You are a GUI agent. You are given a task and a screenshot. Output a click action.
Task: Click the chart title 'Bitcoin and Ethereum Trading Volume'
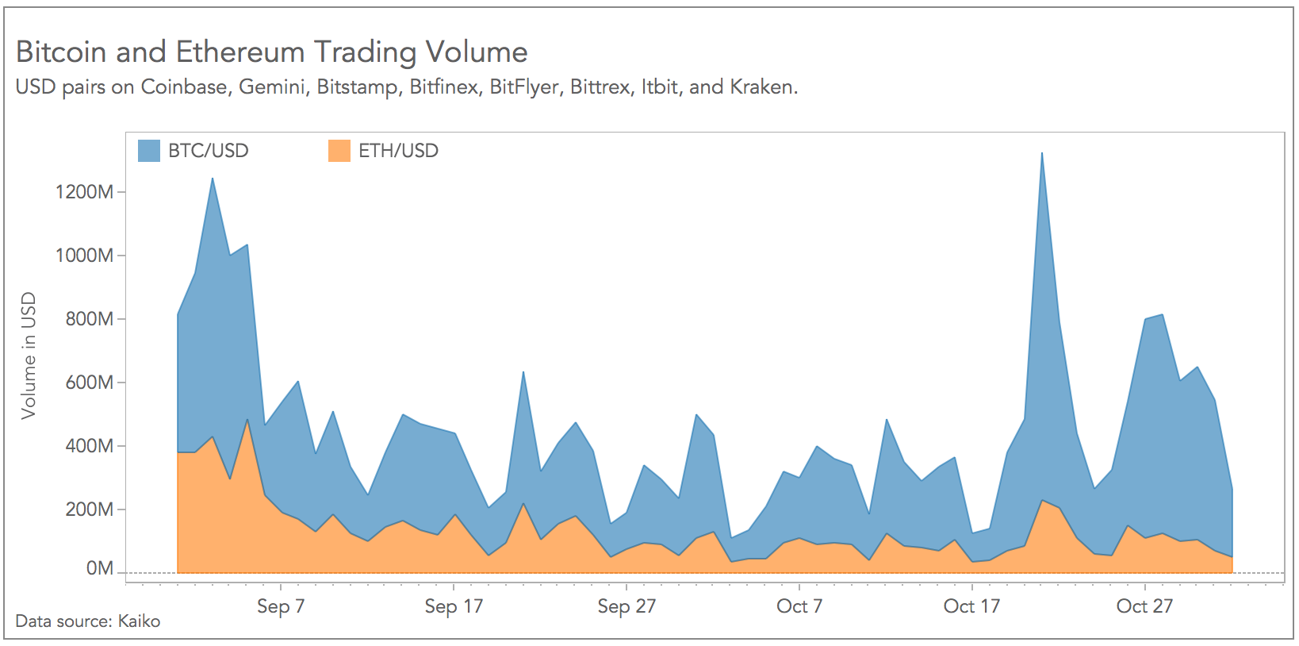[271, 52]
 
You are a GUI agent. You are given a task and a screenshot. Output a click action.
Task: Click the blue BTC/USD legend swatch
[148, 151]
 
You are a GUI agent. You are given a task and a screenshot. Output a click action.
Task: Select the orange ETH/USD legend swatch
[339, 151]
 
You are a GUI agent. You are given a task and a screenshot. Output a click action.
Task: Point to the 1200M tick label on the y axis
[84, 192]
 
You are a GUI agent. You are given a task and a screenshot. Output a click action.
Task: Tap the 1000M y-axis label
[84, 256]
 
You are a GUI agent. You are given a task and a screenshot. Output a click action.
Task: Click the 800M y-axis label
[89, 319]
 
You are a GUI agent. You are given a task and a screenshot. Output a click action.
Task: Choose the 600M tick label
[89, 383]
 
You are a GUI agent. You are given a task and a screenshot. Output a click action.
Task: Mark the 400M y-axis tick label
[89, 446]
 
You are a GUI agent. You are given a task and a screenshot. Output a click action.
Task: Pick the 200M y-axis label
[89, 509]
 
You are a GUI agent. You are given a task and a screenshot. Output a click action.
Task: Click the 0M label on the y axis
[99, 569]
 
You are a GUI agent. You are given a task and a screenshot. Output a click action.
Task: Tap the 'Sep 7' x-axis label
[281, 607]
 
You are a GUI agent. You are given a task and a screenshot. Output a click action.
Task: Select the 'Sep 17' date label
[454, 607]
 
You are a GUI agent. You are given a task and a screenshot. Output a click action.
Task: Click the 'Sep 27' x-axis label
[627, 607]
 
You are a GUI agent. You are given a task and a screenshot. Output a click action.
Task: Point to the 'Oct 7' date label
[799, 607]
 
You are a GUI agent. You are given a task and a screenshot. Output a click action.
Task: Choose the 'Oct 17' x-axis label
[971, 607]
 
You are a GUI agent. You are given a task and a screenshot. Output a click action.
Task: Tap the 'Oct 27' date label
[1144, 607]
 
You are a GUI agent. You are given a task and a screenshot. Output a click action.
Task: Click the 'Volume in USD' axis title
[29, 356]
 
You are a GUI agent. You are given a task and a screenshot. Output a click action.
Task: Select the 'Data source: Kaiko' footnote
[88, 621]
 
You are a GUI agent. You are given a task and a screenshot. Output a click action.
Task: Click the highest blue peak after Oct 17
[1041, 154]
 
